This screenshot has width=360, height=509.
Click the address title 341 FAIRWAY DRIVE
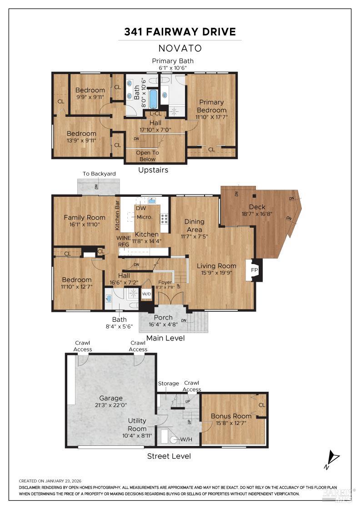point(180,32)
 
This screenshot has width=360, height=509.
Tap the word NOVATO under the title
point(180,48)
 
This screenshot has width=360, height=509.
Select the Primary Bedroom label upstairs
point(211,106)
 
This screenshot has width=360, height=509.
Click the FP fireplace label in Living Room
point(254,270)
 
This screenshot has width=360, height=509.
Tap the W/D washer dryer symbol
point(147,294)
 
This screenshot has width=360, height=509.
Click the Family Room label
point(84,217)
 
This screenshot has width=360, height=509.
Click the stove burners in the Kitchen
point(164,219)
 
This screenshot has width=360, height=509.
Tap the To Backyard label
point(99,174)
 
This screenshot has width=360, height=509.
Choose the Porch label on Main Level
point(163,318)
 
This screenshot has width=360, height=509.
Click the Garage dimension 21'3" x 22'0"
point(111,406)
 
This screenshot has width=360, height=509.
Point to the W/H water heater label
point(186,439)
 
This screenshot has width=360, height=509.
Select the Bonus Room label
point(231,416)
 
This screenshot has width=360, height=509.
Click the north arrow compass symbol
point(333,459)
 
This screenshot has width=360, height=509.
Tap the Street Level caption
point(169,456)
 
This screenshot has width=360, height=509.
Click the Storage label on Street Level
point(168,384)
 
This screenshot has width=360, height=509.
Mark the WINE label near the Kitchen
point(124,238)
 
